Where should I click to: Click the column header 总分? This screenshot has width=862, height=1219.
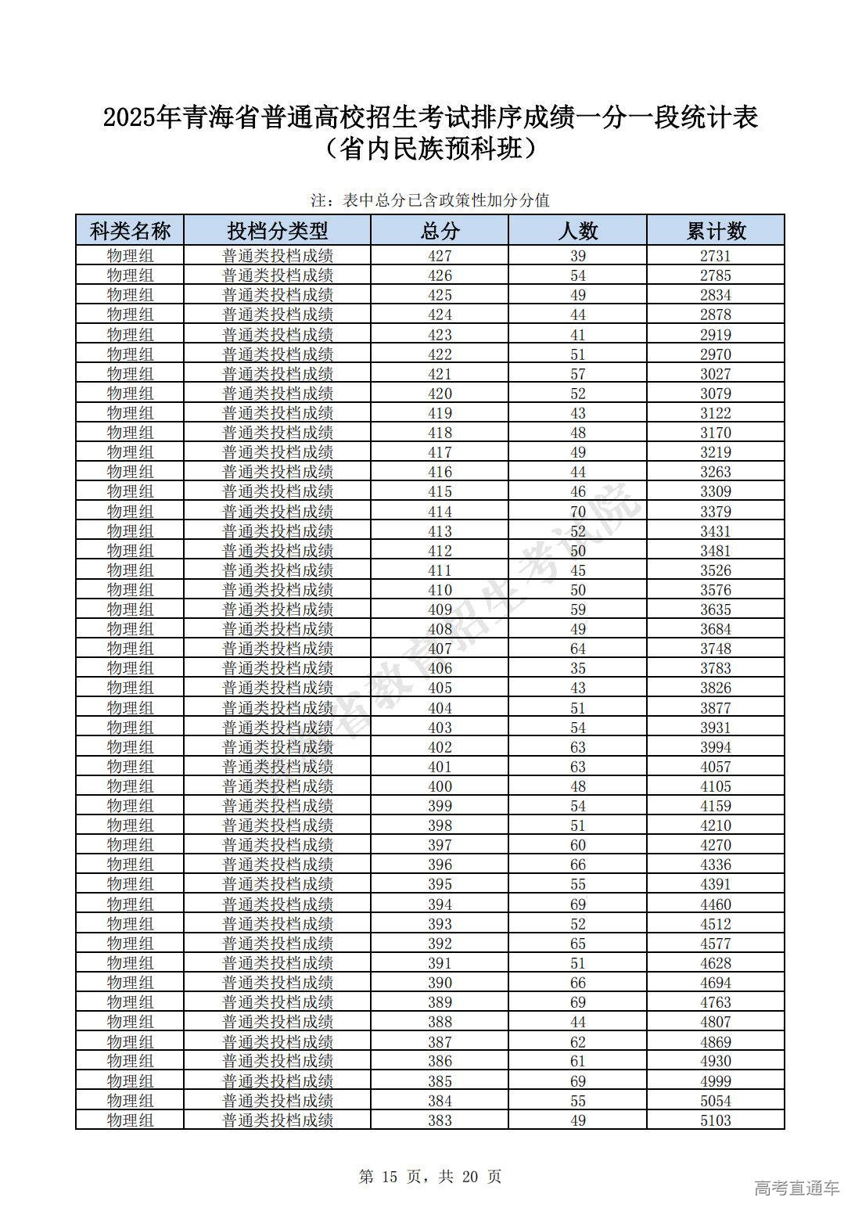click(x=440, y=231)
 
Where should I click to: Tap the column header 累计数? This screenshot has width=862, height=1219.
click(x=716, y=231)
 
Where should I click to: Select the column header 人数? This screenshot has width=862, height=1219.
click(x=577, y=231)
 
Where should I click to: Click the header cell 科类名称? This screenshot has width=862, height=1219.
click(x=130, y=231)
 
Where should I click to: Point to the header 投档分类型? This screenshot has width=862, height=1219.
click(x=278, y=231)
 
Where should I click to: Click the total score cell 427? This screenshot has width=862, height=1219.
click(x=440, y=256)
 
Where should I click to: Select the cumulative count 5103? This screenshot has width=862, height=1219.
click(x=716, y=1120)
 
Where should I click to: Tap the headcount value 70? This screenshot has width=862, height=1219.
click(x=577, y=512)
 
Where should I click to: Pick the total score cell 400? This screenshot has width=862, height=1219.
click(x=440, y=786)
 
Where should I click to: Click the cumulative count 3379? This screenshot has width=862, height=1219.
click(x=716, y=512)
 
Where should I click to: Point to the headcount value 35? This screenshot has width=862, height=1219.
click(x=577, y=668)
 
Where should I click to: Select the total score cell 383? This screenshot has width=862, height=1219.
click(x=440, y=1120)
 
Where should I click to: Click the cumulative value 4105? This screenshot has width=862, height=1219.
click(x=716, y=786)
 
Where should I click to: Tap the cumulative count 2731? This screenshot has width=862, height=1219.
click(x=716, y=256)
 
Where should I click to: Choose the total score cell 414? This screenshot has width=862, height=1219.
click(x=440, y=512)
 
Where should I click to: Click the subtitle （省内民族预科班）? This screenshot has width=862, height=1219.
click(x=431, y=148)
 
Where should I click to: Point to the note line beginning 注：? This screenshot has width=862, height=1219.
click(x=430, y=200)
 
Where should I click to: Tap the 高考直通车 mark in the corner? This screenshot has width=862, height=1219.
click(x=796, y=1188)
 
